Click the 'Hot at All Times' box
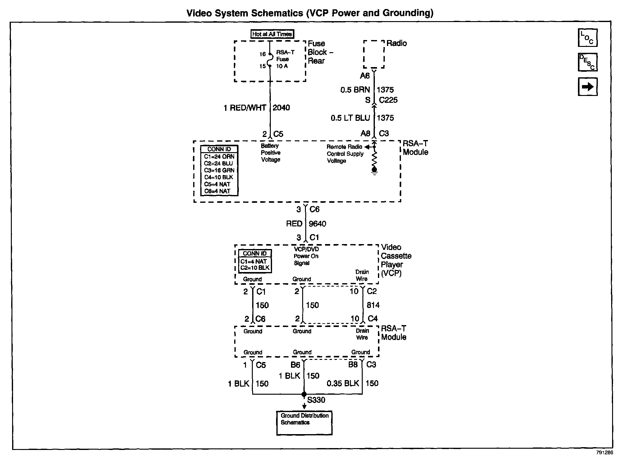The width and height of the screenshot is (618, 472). (272, 34)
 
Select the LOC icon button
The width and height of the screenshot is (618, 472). (588, 38)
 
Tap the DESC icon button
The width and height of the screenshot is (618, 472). (588, 62)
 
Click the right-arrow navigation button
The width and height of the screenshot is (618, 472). (588, 87)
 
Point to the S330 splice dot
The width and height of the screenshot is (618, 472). (304, 394)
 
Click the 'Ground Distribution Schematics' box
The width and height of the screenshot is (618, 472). (304, 423)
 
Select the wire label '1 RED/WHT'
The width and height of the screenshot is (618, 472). (245, 108)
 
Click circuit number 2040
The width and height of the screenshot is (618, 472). (281, 108)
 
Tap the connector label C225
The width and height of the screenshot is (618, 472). (388, 100)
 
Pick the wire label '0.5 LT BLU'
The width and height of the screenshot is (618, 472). (350, 118)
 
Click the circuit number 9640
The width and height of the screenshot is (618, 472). (317, 224)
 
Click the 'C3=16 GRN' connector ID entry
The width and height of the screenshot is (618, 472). (219, 170)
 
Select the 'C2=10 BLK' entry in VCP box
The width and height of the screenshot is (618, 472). (255, 268)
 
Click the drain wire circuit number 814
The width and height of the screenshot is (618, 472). (373, 305)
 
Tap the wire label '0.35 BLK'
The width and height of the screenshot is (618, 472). (343, 383)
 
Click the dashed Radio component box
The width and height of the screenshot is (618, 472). (374, 54)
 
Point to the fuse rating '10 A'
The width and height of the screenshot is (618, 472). (282, 66)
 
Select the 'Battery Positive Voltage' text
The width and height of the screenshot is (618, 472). (270, 153)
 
